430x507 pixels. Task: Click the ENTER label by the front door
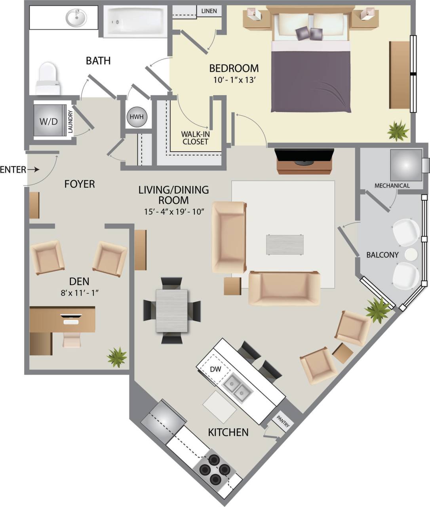[x=13, y=170]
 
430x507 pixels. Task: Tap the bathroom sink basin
[x=76, y=18]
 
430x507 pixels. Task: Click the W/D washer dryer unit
[x=48, y=121]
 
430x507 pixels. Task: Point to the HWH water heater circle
[x=137, y=117]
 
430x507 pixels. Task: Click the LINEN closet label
[x=209, y=11]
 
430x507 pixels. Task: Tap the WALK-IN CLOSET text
[x=195, y=138]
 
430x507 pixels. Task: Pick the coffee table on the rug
[x=285, y=245]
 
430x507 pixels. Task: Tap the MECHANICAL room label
[x=392, y=185]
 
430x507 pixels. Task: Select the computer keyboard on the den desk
[x=71, y=322]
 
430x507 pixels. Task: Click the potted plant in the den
[x=117, y=357]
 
